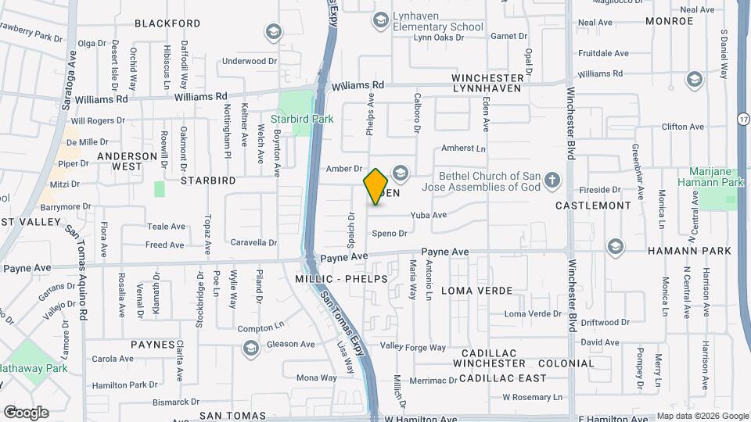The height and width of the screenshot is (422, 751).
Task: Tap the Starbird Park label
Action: (302, 119)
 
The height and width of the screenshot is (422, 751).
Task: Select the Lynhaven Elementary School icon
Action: (381, 20)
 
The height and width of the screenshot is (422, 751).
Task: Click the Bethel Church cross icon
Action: (552, 181)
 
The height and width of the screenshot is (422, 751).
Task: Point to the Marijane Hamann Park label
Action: (716, 177)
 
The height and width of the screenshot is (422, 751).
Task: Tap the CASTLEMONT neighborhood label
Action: (592, 206)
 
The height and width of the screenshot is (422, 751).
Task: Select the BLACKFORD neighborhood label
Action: (167, 23)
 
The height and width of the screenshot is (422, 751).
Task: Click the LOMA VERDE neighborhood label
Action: (476, 291)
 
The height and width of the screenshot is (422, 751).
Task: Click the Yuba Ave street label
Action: (428, 215)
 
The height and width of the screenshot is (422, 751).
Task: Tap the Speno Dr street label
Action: (390, 233)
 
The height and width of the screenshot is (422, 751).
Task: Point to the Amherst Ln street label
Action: (464, 148)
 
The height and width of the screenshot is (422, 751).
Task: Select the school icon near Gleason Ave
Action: (250, 348)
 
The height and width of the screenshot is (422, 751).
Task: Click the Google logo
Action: (26, 413)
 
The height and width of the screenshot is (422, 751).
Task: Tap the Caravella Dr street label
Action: (253, 243)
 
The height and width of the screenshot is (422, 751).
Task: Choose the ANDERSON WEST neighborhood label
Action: (127, 161)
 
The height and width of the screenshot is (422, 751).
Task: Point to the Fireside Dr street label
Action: (600, 190)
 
